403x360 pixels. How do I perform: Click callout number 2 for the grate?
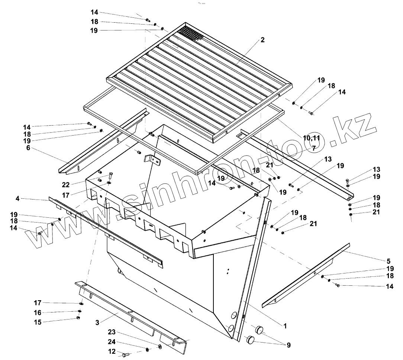coord(262,40)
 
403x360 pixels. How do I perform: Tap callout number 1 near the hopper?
coord(285,326)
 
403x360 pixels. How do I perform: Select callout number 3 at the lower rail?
coord(97,322)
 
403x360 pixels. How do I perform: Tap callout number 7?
coord(313,148)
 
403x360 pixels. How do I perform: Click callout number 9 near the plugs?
coord(288,345)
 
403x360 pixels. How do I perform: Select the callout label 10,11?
coord(312,138)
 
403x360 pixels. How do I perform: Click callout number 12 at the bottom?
coord(112,351)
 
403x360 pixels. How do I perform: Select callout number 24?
coord(112,342)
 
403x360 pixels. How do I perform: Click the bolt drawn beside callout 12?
coord(125,355)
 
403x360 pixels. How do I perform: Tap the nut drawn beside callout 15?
coord(78,318)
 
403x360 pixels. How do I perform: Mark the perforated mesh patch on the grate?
coord(190,34)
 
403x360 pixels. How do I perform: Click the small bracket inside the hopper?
coord(152,159)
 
